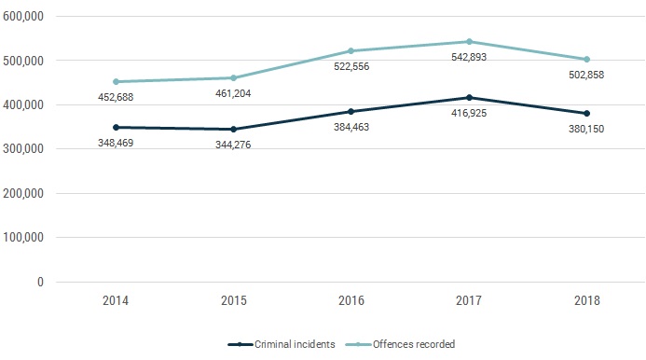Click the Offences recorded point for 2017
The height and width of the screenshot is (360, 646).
click(x=469, y=41)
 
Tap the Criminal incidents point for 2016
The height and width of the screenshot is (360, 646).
click(x=351, y=111)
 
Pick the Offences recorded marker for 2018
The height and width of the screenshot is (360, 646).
click(x=586, y=59)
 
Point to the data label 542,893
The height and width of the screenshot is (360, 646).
click(x=469, y=59)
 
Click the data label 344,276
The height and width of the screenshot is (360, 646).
click(x=234, y=145)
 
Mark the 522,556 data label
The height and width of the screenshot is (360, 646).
click(x=351, y=68)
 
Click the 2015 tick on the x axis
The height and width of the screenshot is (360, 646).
click(x=234, y=301)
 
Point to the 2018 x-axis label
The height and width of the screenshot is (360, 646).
click(x=586, y=301)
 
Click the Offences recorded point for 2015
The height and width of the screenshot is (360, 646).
click(x=234, y=77)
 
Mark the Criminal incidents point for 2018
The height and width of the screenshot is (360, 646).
click(x=586, y=113)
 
